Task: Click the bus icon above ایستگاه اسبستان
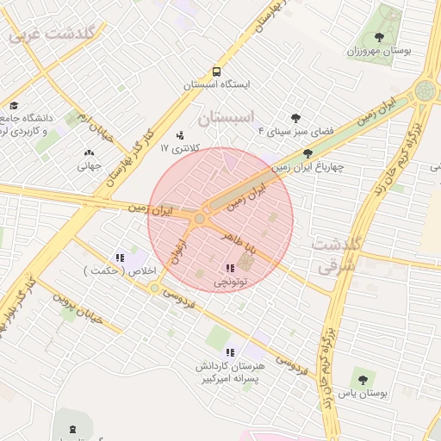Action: pyautogui.click(x=215, y=72)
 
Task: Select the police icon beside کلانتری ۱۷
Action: pyautogui.click(x=179, y=135)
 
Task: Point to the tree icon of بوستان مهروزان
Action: pyautogui.click(x=380, y=37)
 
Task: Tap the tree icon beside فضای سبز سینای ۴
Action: pyautogui.click(x=295, y=118)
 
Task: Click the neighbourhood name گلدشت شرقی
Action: pyautogui.click(x=335, y=256)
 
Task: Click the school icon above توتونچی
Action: pyautogui.click(x=229, y=269)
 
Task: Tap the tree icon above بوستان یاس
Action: pyautogui.click(x=360, y=380)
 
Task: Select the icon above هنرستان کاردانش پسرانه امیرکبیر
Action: pyautogui.click(x=229, y=352)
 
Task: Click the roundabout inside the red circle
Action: pyautogui.click(x=200, y=220)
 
